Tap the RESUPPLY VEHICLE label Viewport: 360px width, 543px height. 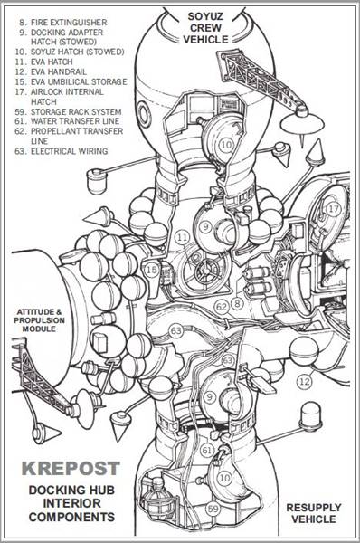[313, 513]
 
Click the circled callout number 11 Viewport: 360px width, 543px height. [182, 237]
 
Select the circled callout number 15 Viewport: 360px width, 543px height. [152, 270]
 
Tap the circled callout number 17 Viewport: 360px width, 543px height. [334, 209]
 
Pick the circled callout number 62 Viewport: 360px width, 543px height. [221, 307]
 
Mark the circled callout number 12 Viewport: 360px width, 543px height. [304, 382]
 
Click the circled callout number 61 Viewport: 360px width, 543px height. [207, 450]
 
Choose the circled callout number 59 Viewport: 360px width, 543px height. [214, 510]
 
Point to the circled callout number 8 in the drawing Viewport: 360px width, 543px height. [236, 304]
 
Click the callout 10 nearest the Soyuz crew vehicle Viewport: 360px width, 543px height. [225, 144]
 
